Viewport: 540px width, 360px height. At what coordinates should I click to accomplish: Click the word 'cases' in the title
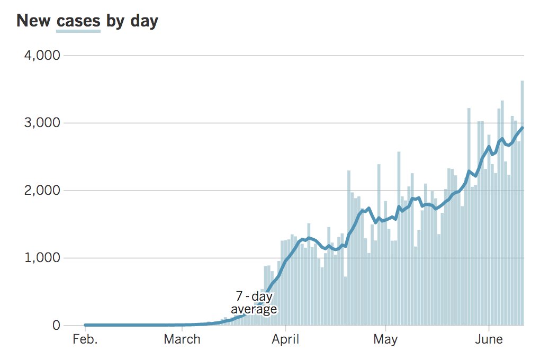click(x=78, y=21)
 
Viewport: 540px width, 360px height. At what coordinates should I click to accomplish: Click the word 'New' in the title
click(x=34, y=21)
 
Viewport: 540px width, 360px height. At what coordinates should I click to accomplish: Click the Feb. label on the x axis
click(x=85, y=339)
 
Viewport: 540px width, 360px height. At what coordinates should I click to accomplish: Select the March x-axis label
click(x=182, y=339)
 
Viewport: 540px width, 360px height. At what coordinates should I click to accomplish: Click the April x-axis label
click(x=285, y=339)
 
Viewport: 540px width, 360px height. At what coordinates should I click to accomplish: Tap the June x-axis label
click(x=488, y=339)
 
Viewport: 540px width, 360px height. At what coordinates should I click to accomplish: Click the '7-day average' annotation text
click(x=254, y=303)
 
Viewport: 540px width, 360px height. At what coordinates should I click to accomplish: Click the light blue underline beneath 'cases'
click(x=78, y=31)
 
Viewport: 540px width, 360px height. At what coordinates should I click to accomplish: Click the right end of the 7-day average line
click(x=523, y=128)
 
